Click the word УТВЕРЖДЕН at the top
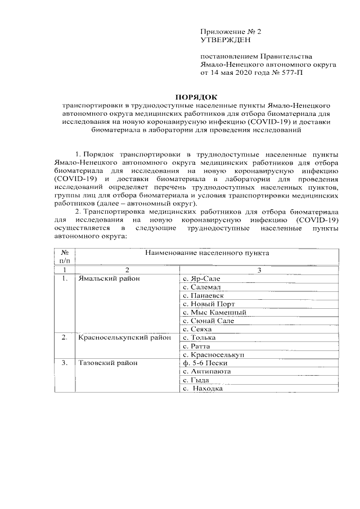[224, 40]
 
